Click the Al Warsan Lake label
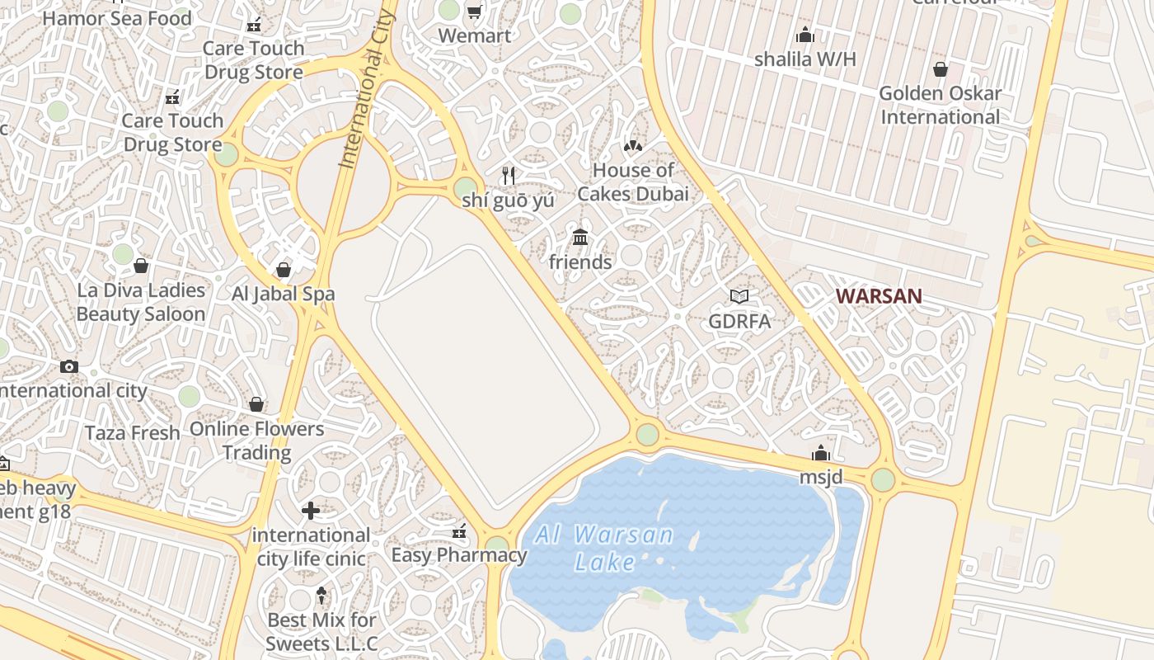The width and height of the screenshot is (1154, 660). click(604, 548)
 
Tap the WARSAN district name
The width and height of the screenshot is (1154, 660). click(879, 296)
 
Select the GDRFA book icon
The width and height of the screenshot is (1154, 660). click(739, 296)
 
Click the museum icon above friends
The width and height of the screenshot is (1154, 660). click(580, 238)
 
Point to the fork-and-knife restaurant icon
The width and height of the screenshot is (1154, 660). click(509, 175)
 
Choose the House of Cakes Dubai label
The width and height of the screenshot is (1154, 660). click(633, 182)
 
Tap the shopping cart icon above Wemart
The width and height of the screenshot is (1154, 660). click(474, 12)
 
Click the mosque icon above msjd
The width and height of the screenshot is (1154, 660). click(821, 453)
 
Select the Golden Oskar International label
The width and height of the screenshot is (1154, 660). click(941, 105)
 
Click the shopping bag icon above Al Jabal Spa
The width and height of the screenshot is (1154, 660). click(284, 270)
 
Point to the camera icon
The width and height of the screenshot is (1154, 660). click(69, 366)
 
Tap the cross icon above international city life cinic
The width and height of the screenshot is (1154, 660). click(311, 511)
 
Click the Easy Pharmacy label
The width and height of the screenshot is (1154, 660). click(458, 554)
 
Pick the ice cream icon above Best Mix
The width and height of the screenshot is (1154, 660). click(321, 595)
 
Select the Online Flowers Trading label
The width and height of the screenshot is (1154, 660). click(257, 441)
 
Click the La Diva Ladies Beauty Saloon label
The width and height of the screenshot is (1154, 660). click(141, 302)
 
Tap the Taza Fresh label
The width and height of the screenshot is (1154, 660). click(132, 433)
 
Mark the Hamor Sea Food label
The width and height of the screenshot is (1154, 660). click(116, 18)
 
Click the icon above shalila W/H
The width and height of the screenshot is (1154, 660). click(805, 35)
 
